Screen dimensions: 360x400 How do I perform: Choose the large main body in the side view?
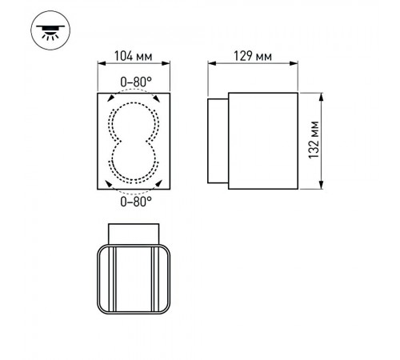tap(264, 141)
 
